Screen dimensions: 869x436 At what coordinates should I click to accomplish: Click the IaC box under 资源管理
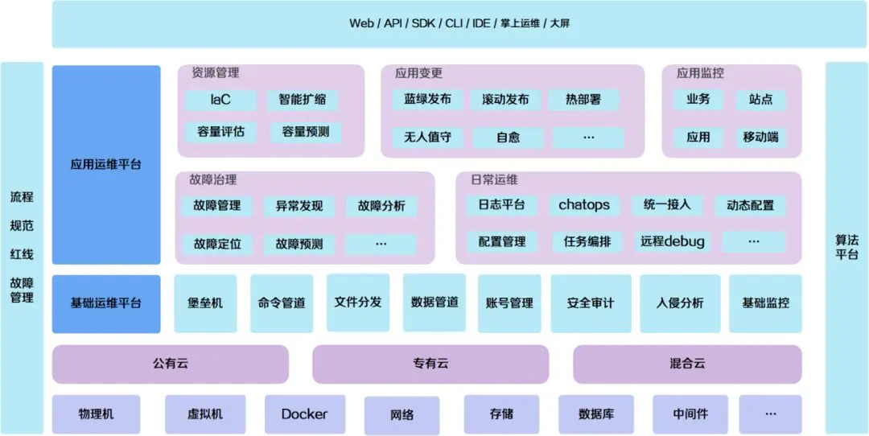[x=220, y=100]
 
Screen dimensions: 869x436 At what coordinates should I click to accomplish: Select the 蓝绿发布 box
[x=427, y=100]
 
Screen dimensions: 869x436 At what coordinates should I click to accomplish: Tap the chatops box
[x=584, y=205]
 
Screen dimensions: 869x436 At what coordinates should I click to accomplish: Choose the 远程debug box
[x=673, y=241]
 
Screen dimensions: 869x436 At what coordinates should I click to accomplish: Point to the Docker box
[x=304, y=414]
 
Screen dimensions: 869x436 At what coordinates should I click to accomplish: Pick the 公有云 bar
[x=171, y=364]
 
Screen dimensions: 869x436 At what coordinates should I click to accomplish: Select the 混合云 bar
[x=687, y=364]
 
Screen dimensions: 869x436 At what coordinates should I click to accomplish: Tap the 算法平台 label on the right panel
[x=846, y=247]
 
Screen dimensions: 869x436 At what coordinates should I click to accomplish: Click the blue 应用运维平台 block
[x=106, y=165]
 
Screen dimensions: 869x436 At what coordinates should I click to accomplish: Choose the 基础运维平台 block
[x=106, y=303]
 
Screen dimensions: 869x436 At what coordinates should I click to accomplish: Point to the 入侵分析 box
[x=680, y=303]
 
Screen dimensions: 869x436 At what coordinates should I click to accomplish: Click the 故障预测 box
[x=299, y=244]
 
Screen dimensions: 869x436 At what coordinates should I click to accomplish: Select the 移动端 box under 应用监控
[x=760, y=137]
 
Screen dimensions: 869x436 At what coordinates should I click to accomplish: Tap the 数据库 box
[x=596, y=414]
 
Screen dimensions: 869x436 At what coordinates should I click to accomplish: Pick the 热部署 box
[x=583, y=100]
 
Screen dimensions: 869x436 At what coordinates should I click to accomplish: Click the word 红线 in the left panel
[x=22, y=254]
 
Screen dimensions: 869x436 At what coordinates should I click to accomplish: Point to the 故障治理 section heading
[x=213, y=179]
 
